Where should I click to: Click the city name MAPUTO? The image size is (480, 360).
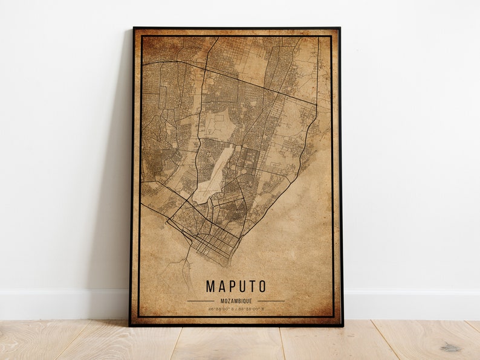[236, 286]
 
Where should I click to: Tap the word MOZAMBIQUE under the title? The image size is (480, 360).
[236, 300]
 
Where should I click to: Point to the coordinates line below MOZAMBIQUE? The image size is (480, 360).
[236, 308]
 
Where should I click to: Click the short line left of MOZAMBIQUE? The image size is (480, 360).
[201, 300]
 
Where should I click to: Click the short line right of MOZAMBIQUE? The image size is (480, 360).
[271, 300]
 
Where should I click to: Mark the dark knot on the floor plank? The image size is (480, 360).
[450, 347]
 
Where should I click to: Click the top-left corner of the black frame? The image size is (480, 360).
[134, 28]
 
